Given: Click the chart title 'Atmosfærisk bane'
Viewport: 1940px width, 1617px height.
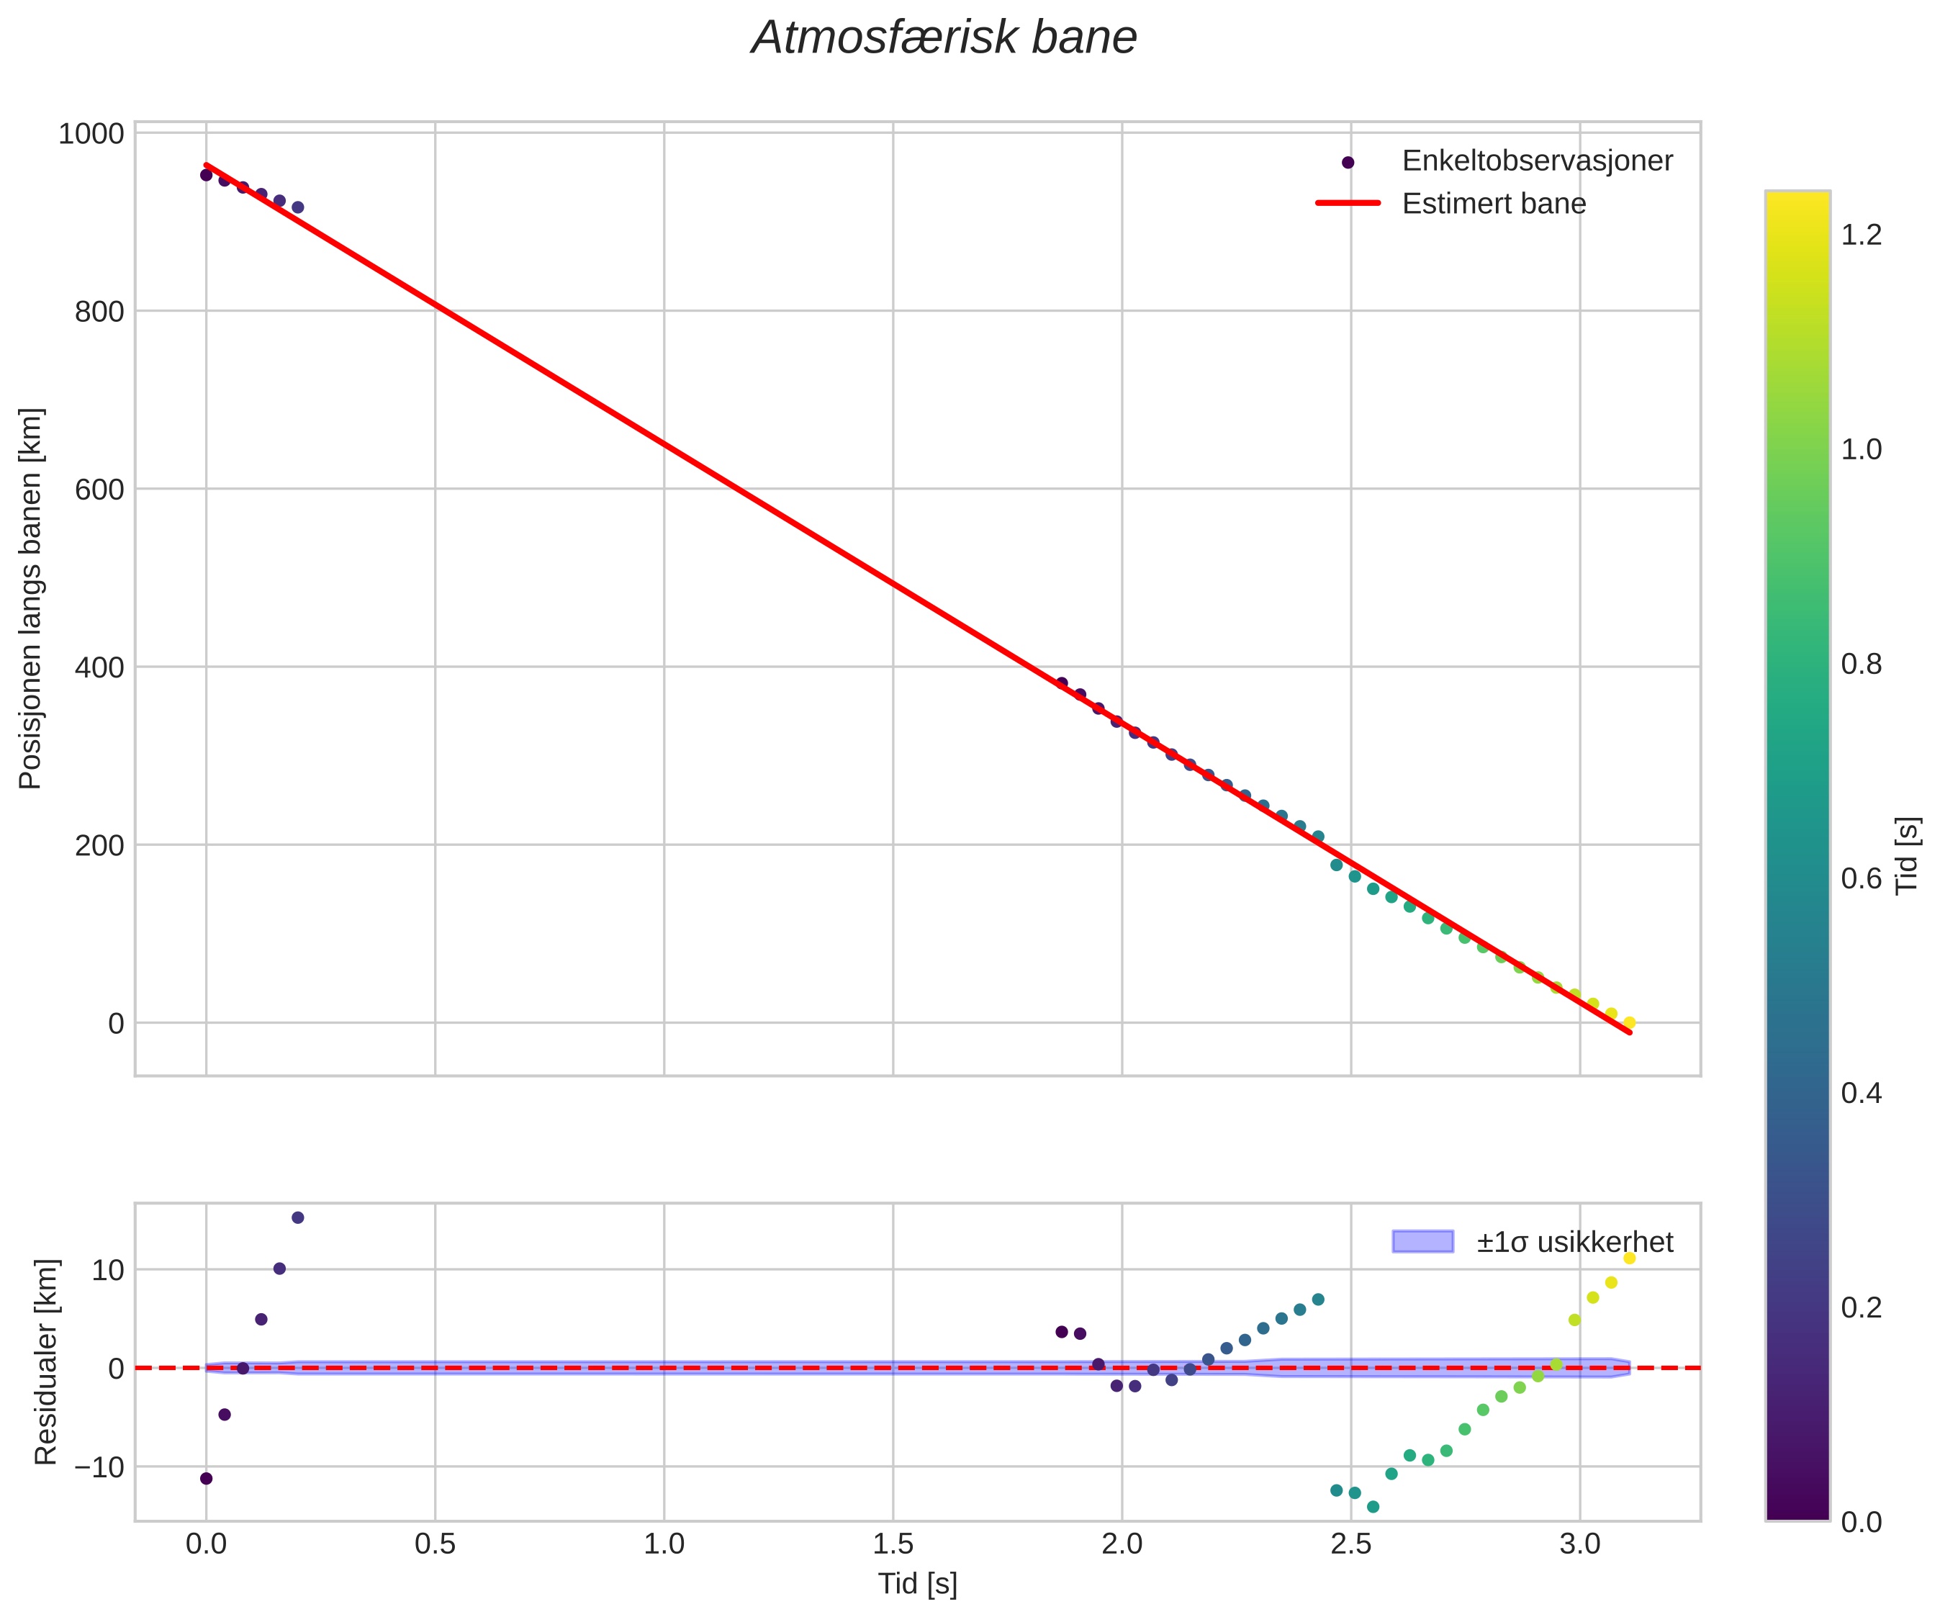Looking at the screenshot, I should click(943, 39).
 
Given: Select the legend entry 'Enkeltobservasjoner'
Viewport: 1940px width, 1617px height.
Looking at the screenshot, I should click(1536, 161).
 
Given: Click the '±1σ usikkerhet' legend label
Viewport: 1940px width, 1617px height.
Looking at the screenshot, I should click(1574, 1242).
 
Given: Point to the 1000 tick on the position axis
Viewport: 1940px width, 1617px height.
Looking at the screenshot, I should click(91, 134).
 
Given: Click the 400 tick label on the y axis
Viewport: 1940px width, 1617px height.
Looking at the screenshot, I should click(99, 667).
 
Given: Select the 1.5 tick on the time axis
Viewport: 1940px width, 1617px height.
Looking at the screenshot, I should click(893, 1544).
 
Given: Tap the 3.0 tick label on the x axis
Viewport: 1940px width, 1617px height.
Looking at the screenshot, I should click(1579, 1544).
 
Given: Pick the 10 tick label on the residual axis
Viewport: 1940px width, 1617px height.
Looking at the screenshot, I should click(107, 1269).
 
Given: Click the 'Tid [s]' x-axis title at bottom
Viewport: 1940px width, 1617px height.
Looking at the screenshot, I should click(917, 1584).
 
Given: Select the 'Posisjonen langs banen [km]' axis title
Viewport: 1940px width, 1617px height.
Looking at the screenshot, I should click(30, 599).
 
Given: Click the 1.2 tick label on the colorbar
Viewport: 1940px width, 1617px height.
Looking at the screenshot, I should click(1861, 235).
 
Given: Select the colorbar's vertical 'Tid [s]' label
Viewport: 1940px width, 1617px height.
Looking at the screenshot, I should click(1907, 855).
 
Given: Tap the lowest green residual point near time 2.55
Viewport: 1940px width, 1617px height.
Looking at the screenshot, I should click(1373, 1507).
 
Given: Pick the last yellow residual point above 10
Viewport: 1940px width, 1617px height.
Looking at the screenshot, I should click(1630, 1258).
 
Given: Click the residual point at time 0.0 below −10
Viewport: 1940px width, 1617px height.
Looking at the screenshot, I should click(206, 1478).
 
